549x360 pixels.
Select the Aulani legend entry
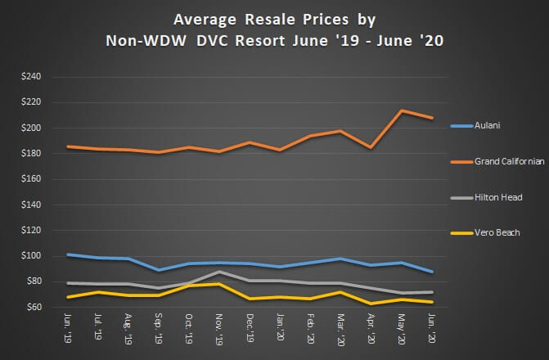(487, 126)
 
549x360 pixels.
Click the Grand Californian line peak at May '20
(401, 110)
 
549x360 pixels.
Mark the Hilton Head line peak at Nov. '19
(219, 272)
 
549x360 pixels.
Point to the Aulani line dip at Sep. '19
(159, 270)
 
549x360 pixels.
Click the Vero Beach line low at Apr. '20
(371, 304)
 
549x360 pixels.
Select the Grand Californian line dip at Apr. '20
(371, 147)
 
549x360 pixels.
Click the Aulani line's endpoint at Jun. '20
(431, 272)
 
